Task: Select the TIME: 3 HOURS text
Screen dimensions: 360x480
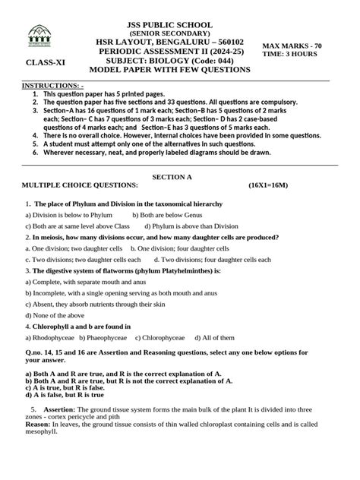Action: [x=290, y=55]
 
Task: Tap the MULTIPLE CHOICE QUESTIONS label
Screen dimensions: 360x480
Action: [x=80, y=185]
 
